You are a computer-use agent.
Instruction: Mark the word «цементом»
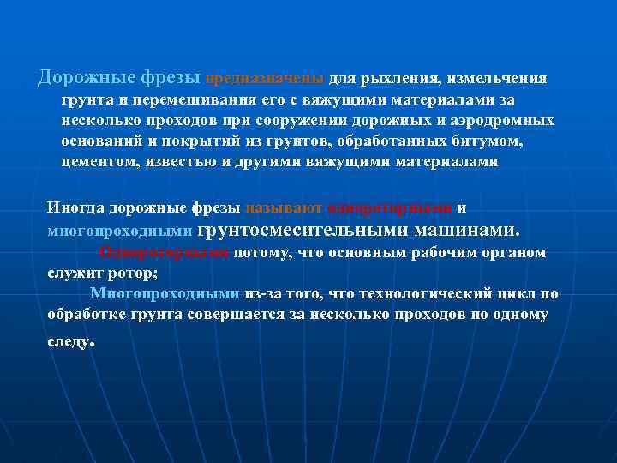point(97,161)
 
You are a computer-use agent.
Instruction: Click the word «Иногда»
point(75,207)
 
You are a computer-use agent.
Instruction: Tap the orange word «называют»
point(283,207)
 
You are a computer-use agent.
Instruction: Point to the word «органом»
point(517,252)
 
